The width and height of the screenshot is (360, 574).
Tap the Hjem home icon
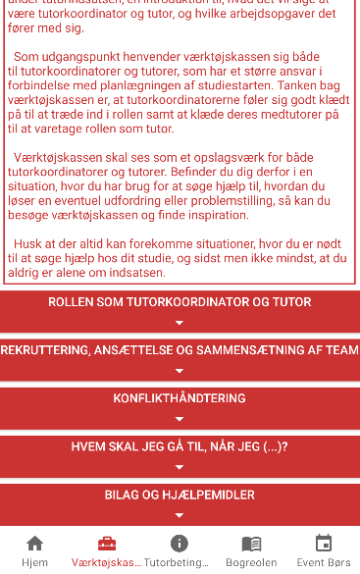[34, 544]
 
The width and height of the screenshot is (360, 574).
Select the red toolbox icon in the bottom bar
[107, 544]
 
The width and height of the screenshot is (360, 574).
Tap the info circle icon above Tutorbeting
[179, 544]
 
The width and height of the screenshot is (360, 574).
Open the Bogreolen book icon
[251, 544]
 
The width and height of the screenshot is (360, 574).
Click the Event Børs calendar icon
[324, 544]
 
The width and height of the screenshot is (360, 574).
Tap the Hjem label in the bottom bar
[34, 563]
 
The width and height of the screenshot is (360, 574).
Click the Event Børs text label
[324, 563]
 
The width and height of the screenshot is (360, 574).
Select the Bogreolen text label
[251, 563]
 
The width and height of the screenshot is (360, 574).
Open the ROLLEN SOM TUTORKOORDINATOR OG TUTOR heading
[180, 302]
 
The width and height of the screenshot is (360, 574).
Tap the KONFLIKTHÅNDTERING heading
[180, 398]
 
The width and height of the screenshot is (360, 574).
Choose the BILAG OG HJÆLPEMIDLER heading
[180, 496]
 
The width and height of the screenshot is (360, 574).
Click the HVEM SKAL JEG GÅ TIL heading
[180, 446]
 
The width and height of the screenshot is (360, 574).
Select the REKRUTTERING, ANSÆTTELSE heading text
[180, 350]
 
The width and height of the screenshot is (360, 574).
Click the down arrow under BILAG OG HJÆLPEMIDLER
[180, 515]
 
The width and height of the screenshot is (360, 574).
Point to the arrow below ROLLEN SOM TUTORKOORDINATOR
[180, 323]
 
